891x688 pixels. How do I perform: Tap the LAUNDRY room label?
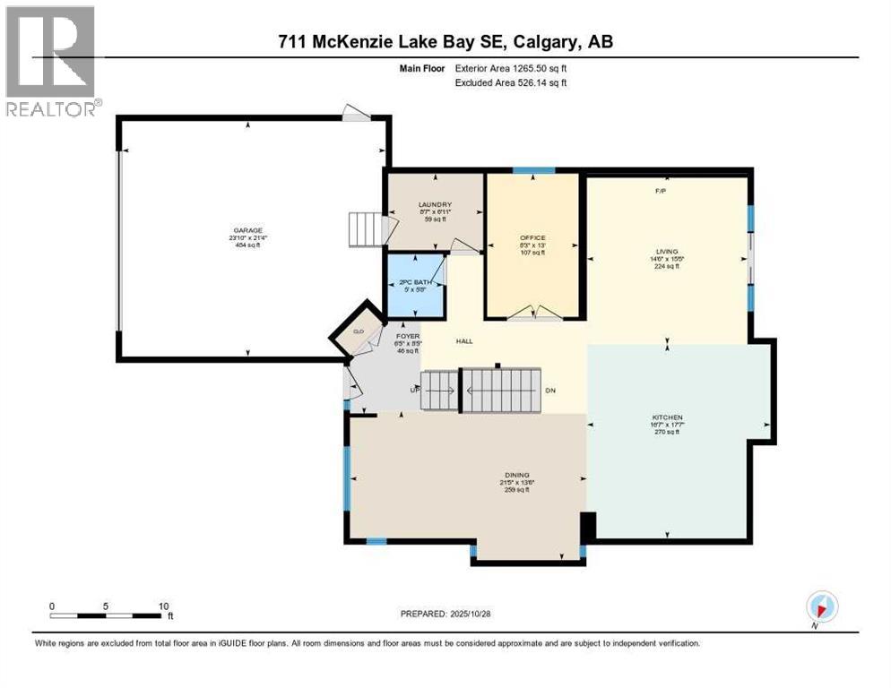tap(433, 205)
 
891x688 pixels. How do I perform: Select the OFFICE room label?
tap(532, 237)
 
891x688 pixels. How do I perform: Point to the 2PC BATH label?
tap(415, 282)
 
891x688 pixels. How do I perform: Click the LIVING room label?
tap(666, 253)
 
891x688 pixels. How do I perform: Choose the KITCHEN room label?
tap(667, 417)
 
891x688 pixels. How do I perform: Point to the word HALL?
tap(464, 340)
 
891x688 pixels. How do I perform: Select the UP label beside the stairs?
tap(413, 391)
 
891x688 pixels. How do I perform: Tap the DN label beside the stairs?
tap(550, 391)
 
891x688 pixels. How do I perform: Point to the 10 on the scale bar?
tap(163, 606)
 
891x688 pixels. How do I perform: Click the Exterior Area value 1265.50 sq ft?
tap(536, 68)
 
